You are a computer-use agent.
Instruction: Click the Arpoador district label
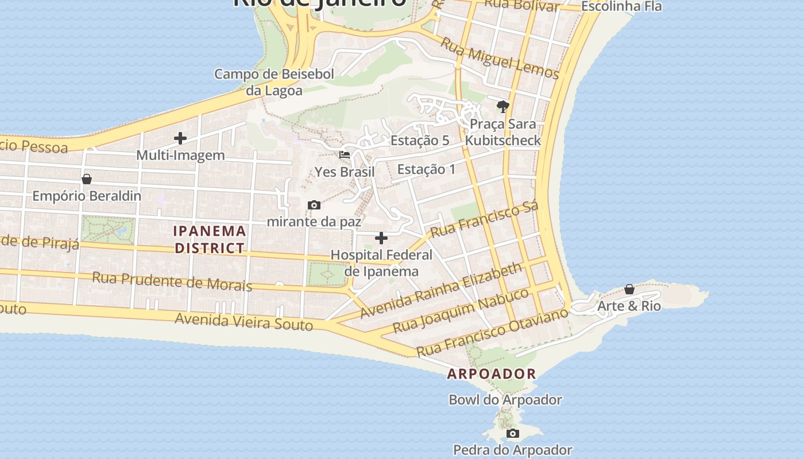point(491,374)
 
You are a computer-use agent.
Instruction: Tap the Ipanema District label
point(210,240)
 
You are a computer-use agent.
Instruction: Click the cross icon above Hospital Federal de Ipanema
point(381,238)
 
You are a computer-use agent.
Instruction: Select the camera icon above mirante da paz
point(314,205)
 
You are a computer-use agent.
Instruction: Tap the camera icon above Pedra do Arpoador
point(513,433)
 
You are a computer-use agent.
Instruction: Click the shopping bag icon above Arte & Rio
point(629,289)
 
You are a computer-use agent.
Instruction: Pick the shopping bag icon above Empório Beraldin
point(87,179)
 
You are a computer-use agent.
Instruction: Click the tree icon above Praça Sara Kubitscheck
point(503,107)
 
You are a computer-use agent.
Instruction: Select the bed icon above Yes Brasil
point(345,155)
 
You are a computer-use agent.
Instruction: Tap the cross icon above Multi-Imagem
point(180,138)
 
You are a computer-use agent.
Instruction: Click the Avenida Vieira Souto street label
point(244,321)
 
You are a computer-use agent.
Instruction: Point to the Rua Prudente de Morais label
point(172,281)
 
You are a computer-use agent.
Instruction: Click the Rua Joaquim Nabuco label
point(461,310)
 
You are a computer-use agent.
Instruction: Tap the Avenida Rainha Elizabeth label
point(441,290)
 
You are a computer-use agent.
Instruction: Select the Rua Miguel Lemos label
point(500,58)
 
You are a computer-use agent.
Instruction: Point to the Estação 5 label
point(419,141)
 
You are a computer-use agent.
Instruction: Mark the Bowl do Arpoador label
point(505,399)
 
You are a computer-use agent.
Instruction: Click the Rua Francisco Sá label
point(484,219)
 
